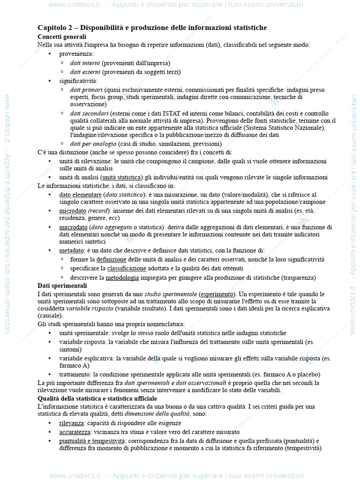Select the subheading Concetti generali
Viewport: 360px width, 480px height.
point(61,37)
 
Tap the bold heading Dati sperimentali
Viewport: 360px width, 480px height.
point(62,285)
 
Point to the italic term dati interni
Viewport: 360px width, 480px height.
point(85,63)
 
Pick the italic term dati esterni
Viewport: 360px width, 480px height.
point(85,72)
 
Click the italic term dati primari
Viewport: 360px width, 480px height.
point(86,90)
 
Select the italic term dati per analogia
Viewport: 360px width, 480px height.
point(93,144)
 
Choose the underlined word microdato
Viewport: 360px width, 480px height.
point(73,210)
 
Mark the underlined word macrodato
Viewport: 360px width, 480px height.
point(74,227)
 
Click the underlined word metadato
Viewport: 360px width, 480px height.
point(71,250)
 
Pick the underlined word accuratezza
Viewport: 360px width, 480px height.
point(75,432)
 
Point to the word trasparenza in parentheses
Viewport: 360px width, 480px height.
point(299,277)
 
